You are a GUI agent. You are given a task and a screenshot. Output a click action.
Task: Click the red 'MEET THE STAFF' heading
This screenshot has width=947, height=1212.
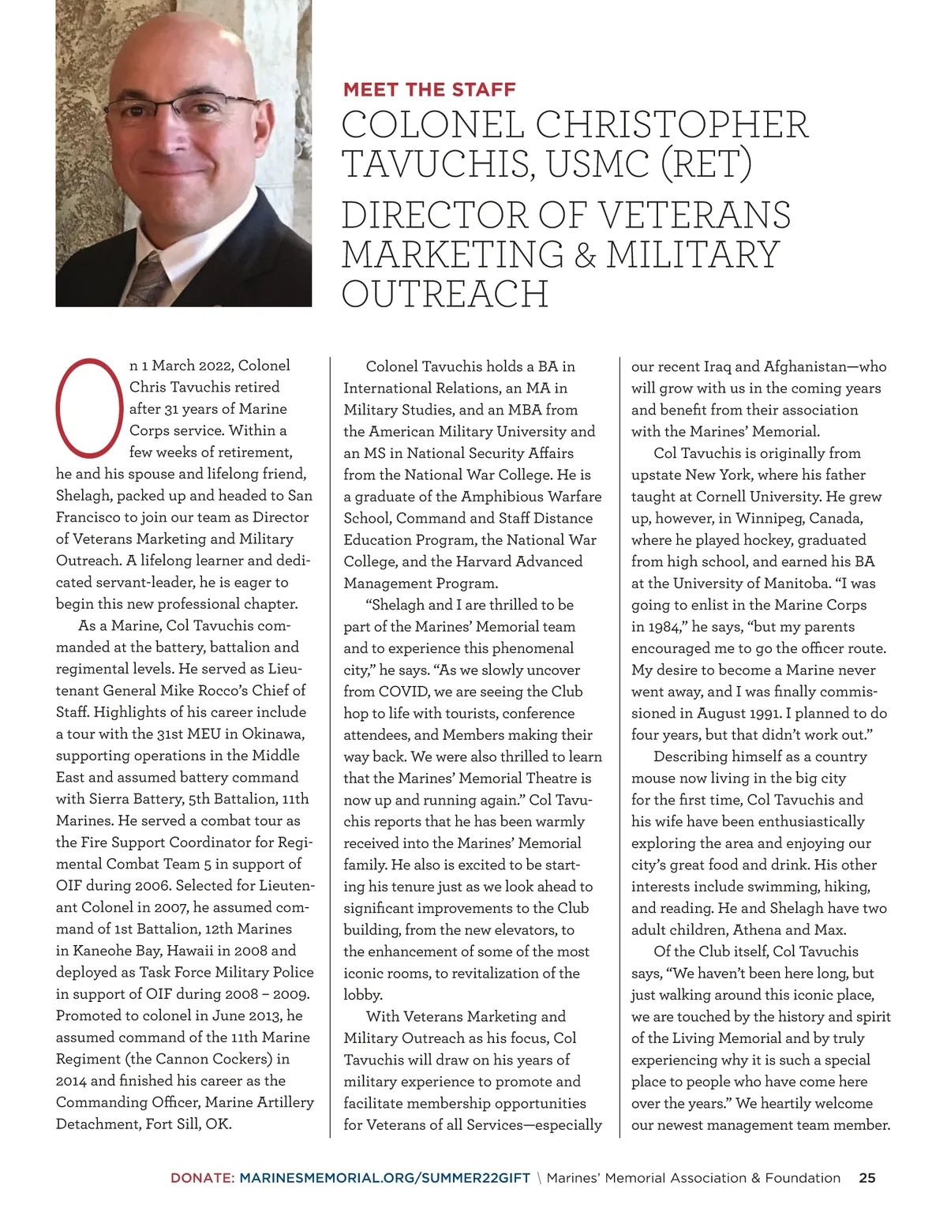[429, 89]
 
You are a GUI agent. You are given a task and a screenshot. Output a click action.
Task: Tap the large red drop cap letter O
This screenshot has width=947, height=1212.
[88, 407]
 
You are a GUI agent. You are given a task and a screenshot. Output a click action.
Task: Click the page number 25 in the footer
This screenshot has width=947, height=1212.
[867, 1177]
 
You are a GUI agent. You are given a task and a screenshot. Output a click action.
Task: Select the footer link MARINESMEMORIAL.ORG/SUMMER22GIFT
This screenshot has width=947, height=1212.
[384, 1177]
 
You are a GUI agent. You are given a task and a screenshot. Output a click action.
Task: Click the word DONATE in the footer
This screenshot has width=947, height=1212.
[201, 1177]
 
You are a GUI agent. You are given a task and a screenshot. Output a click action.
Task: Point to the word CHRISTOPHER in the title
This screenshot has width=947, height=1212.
[672, 125]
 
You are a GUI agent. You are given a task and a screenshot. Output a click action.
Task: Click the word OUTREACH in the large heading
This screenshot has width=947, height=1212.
[445, 294]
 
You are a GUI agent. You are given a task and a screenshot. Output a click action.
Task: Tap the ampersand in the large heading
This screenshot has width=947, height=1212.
[585, 254]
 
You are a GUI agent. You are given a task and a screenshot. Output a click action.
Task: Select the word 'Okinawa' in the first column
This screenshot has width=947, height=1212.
[271, 734]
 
